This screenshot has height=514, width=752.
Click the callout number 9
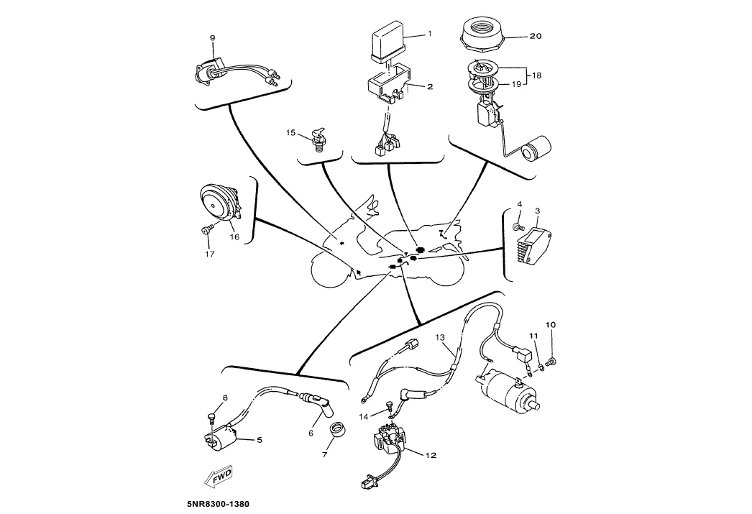(x=213, y=37)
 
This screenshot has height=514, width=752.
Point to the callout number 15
(x=291, y=132)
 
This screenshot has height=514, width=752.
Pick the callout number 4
(x=520, y=204)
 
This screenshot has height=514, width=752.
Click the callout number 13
(x=440, y=337)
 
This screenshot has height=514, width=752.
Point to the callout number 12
(x=431, y=455)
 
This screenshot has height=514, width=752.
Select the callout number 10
(x=551, y=325)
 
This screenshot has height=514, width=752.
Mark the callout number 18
(x=536, y=74)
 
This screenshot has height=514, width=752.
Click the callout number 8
(x=224, y=398)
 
